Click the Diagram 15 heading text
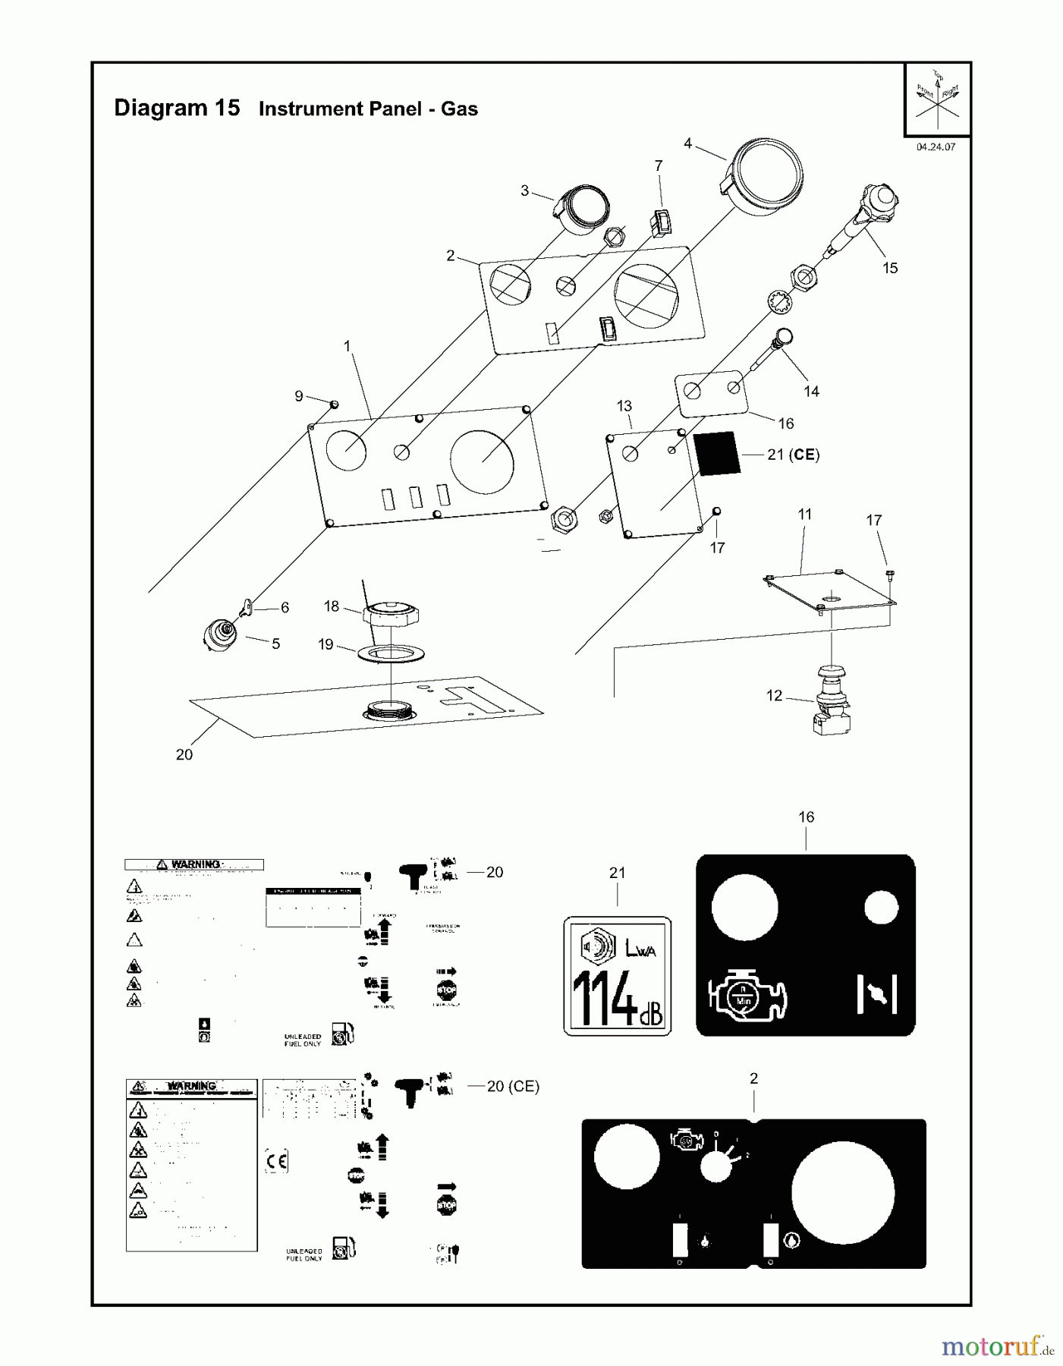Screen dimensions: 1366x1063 176,108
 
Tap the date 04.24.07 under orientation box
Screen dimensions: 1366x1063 935,147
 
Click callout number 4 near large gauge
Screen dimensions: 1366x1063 687,143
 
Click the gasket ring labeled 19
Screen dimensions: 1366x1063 391,653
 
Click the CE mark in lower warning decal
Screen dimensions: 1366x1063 277,1162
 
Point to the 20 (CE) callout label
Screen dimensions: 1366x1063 513,1086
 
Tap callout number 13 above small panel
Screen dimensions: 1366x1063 624,406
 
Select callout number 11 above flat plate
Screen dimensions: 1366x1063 804,514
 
